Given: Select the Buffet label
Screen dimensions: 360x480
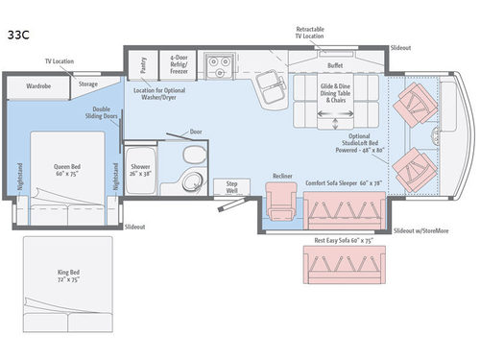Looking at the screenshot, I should pyautogui.click(x=335, y=65).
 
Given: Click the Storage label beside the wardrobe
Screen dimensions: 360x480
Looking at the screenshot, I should pyautogui.click(x=87, y=84).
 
